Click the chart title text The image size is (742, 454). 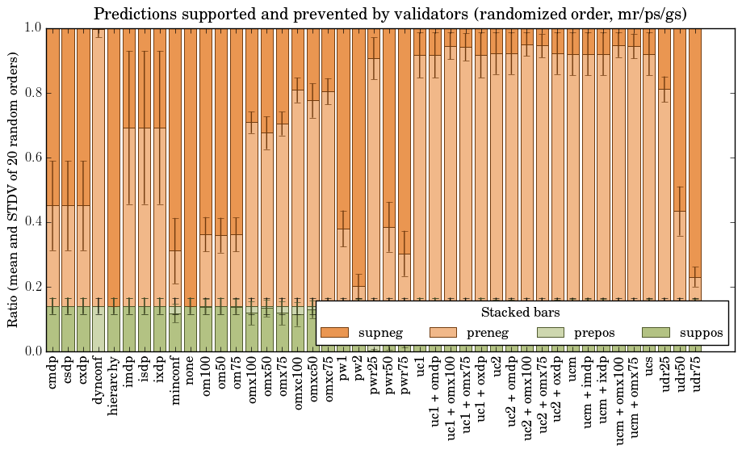(390, 14)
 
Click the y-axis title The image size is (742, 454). (14, 189)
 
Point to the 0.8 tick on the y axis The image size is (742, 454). (31, 93)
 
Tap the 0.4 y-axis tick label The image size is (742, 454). (31, 222)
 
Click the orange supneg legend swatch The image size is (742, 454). (333, 333)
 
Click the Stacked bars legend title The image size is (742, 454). (521, 312)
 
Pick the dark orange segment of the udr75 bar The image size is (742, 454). (695, 145)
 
